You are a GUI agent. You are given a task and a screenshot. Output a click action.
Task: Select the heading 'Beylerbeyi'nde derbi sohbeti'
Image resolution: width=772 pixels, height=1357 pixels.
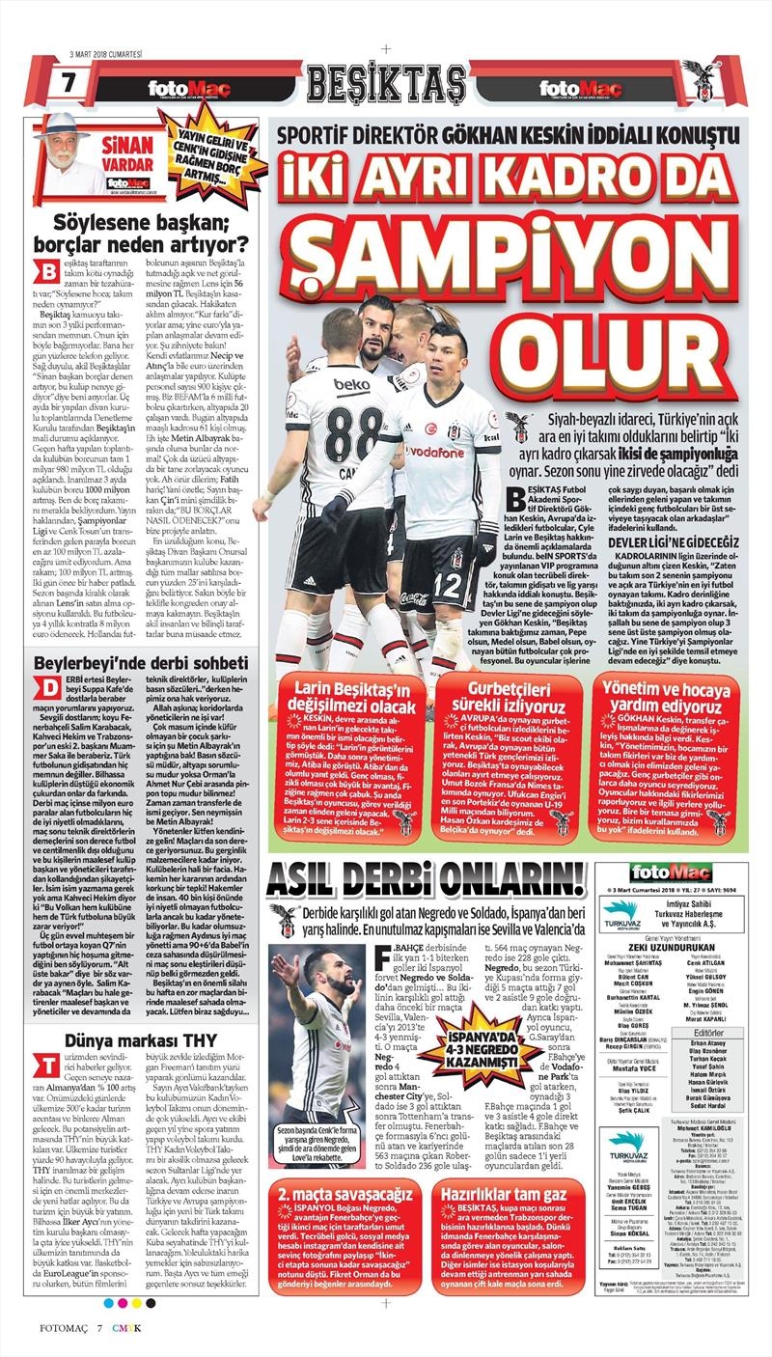coord(141,664)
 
